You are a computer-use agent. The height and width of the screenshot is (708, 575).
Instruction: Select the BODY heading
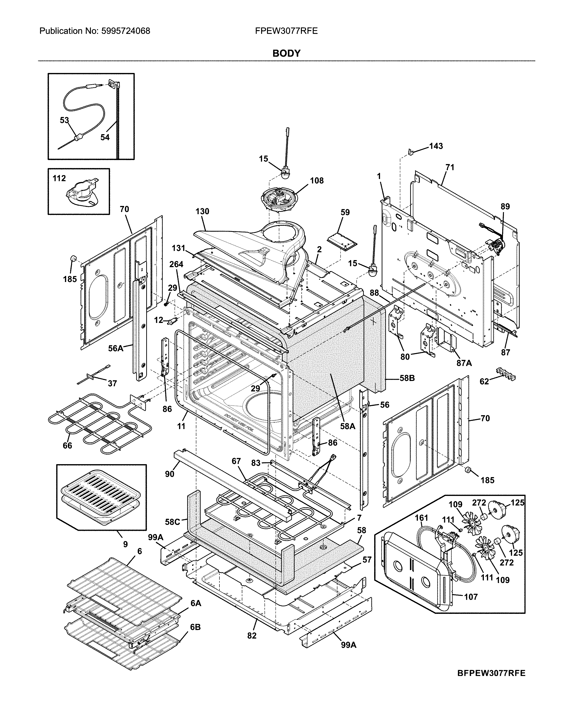click(286, 53)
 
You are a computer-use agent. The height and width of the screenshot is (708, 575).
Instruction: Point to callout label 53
click(64, 120)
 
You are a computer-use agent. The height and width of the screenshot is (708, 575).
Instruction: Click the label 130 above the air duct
click(202, 211)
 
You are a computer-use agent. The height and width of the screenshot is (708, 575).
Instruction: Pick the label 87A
click(464, 363)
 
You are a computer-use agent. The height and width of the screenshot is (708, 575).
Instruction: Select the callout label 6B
click(195, 627)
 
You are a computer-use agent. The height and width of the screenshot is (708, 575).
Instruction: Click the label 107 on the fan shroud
click(471, 597)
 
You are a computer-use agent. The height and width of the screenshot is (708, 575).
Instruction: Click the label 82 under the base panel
click(252, 636)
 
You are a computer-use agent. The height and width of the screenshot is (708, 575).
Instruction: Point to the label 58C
click(173, 522)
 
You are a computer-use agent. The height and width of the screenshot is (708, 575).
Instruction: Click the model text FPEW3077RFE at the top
click(286, 31)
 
